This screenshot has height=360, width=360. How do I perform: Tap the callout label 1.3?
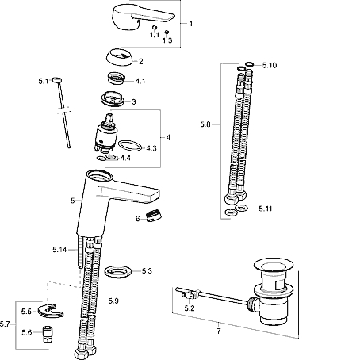(167, 40)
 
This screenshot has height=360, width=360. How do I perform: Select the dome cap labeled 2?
(121, 57)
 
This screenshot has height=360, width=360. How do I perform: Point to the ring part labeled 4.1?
(117, 79)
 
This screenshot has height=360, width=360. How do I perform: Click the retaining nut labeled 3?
(113, 99)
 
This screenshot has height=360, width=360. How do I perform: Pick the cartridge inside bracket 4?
(105, 133)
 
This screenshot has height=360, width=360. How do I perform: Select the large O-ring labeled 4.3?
(130, 146)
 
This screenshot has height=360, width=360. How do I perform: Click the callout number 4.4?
(125, 158)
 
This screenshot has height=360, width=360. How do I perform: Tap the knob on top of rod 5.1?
(57, 79)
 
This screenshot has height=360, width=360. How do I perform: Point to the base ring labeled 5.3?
(118, 272)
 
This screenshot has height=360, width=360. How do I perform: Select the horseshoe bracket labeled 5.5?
(51, 311)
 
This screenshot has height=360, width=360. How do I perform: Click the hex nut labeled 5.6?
(48, 334)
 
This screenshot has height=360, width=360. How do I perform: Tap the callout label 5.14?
(59, 250)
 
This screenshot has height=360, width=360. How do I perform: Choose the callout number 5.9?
(113, 301)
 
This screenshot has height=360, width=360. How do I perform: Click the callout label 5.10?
(270, 65)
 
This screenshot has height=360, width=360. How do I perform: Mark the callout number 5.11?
(266, 209)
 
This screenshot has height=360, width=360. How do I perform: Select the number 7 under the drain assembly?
(219, 331)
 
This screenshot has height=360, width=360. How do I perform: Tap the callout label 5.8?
(205, 124)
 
